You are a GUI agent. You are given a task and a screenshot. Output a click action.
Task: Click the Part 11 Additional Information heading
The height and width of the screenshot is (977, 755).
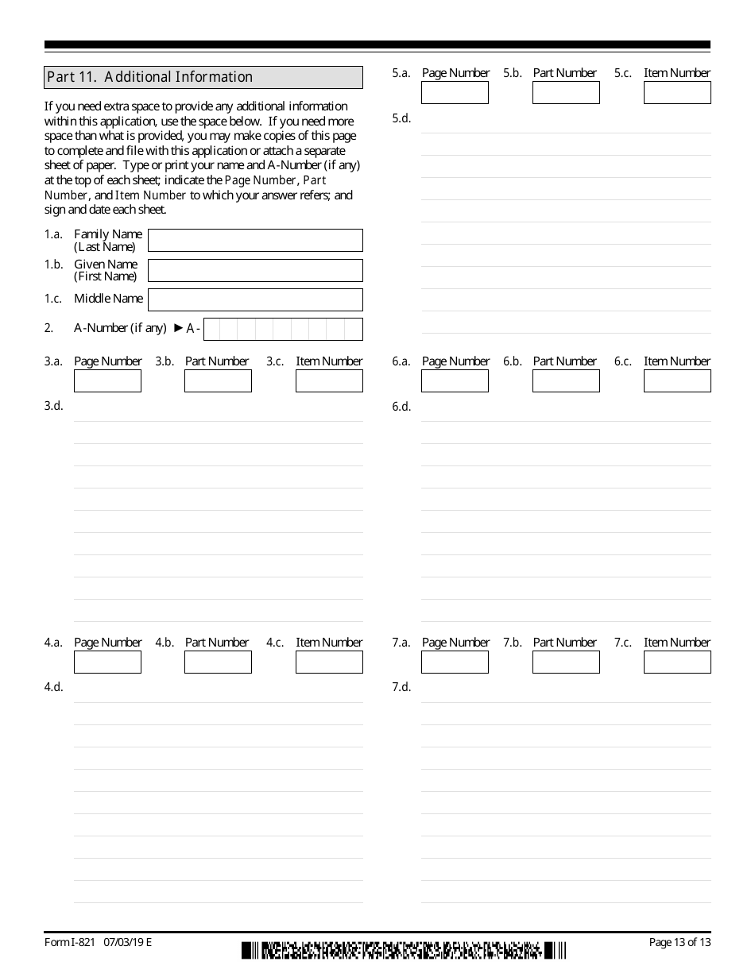(x=203, y=77)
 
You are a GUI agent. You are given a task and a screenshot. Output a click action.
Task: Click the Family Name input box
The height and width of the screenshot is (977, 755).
(x=255, y=240)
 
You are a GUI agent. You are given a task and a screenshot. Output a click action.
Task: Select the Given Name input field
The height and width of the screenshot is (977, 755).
(x=255, y=270)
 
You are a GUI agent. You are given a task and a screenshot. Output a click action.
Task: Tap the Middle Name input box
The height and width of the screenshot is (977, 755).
(x=255, y=299)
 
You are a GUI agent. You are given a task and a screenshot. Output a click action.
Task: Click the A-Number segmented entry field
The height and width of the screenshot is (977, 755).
(x=283, y=329)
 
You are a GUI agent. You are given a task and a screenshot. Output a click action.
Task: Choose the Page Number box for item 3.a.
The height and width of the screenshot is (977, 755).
(x=107, y=381)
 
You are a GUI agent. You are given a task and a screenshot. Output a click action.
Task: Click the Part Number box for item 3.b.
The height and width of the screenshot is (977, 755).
(x=218, y=381)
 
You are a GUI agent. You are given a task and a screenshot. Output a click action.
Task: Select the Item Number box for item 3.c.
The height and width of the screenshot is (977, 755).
(x=329, y=381)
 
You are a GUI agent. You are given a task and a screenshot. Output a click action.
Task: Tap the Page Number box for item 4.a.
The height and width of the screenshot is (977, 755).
(x=107, y=662)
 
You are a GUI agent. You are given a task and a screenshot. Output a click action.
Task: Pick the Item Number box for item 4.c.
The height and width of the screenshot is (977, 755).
(x=329, y=662)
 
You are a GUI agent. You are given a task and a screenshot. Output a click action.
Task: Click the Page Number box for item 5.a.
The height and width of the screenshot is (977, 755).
(x=455, y=93)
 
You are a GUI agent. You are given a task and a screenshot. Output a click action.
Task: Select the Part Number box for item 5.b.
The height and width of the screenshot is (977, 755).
(x=566, y=93)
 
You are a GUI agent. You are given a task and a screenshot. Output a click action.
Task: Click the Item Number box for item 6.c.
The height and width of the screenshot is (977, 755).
(x=677, y=381)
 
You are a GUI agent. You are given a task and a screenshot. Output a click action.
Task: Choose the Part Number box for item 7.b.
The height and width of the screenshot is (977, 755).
(x=566, y=662)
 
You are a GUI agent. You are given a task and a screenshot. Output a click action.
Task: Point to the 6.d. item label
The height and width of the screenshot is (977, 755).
(x=401, y=407)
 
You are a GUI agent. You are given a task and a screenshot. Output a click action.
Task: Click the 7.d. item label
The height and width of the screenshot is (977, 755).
(x=401, y=687)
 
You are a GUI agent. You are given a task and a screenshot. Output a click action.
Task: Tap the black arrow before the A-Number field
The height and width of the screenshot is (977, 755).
(x=178, y=327)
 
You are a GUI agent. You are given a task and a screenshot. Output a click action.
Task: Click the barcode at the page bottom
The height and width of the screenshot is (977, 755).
(x=404, y=950)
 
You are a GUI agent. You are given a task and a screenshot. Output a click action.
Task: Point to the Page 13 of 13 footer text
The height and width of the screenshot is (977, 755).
(x=679, y=943)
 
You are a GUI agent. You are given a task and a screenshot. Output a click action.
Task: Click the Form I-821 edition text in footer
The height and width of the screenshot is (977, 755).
(x=98, y=943)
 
